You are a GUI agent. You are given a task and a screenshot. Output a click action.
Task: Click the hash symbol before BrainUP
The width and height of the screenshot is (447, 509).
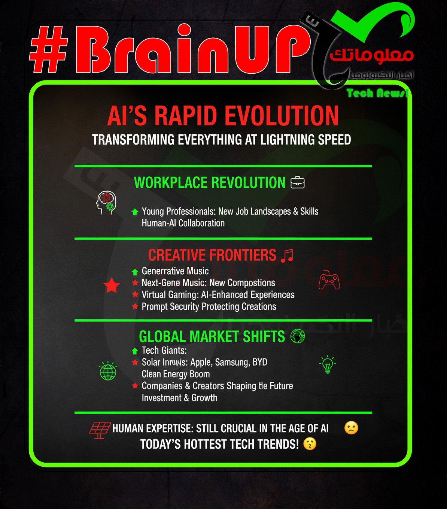48,49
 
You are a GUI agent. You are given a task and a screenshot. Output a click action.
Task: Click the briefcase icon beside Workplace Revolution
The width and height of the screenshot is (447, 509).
298,183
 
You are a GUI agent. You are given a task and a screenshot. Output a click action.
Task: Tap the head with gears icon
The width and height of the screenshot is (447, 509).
106,202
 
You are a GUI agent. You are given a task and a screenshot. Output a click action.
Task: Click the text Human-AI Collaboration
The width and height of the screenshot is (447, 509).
183,223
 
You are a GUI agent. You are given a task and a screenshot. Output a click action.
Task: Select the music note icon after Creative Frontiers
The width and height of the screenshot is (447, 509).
288,255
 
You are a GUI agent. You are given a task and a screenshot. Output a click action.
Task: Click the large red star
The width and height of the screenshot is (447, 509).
112,286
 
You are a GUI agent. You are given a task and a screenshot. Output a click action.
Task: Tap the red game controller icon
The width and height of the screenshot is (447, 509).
329,280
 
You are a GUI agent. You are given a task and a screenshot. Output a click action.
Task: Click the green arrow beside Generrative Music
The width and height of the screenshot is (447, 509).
135,272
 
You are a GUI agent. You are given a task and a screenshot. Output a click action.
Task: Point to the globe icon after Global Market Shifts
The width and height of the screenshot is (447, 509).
298,336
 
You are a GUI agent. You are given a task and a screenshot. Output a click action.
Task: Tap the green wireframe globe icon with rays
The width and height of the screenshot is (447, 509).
108,371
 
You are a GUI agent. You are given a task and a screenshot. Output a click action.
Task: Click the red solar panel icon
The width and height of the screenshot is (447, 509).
100,430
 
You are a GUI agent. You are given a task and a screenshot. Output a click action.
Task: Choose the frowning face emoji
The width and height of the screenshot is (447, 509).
351,428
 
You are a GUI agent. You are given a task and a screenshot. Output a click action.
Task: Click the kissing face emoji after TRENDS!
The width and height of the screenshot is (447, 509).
310,444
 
